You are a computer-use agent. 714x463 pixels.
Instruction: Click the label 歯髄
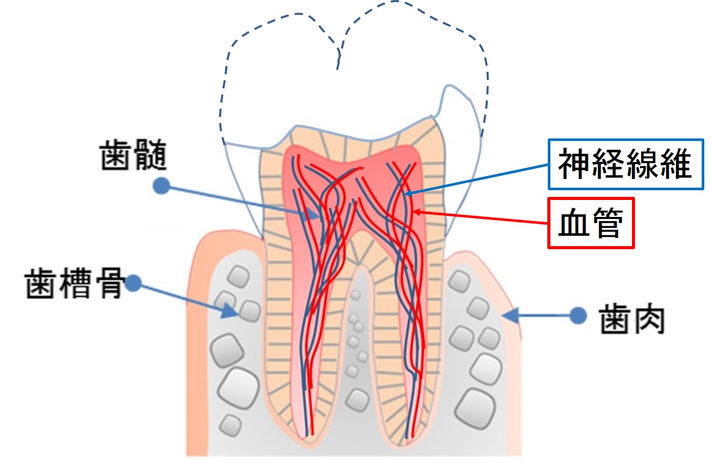click(x=133, y=155)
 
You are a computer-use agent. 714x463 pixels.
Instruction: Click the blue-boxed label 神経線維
click(x=625, y=164)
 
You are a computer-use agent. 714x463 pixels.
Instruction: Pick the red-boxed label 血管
click(x=591, y=223)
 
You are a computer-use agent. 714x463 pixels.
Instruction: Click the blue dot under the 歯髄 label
click(x=162, y=186)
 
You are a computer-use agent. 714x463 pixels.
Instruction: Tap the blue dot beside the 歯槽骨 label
click(x=133, y=283)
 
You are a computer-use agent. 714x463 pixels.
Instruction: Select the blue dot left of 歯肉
click(x=578, y=315)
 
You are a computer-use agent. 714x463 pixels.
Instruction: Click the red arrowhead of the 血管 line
click(x=417, y=211)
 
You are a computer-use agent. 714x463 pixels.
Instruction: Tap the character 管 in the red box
click(x=607, y=223)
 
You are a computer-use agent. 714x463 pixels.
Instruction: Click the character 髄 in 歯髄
click(x=150, y=155)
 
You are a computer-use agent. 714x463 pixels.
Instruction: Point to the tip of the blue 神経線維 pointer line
click(x=406, y=194)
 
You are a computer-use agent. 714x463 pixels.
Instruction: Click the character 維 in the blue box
click(x=676, y=164)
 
